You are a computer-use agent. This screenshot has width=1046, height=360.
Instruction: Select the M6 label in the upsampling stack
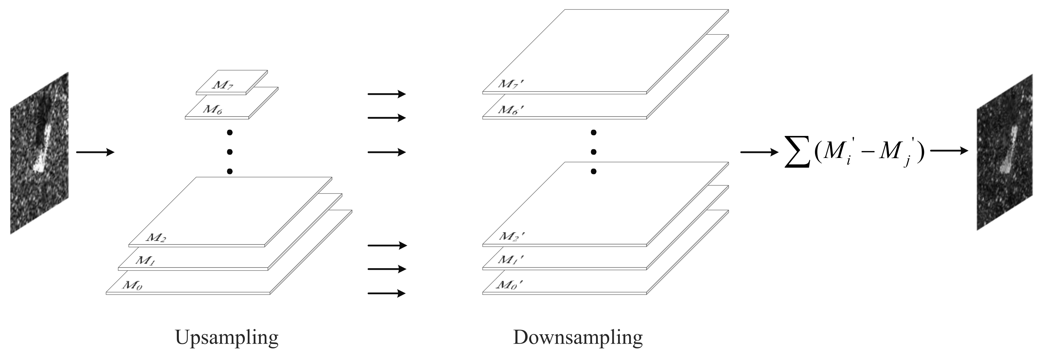pos(212,109)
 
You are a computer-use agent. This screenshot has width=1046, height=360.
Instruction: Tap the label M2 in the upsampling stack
pos(155,237)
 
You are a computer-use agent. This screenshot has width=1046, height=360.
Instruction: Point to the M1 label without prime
pos(145,260)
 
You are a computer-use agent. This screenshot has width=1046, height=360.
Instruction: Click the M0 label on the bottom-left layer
pos(132,285)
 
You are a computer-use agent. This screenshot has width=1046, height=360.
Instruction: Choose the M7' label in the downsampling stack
pos(511,84)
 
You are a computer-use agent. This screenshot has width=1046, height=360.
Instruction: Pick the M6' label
pos(511,109)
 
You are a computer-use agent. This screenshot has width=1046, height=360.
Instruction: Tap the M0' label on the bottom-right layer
pos(509,285)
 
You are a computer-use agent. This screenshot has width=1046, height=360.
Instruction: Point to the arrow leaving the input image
pos(95,152)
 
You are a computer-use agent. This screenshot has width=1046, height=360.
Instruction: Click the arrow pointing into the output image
pos(949,151)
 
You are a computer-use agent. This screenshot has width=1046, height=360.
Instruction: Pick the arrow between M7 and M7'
pos(386,94)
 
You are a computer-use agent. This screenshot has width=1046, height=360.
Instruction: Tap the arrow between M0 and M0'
pos(386,293)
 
